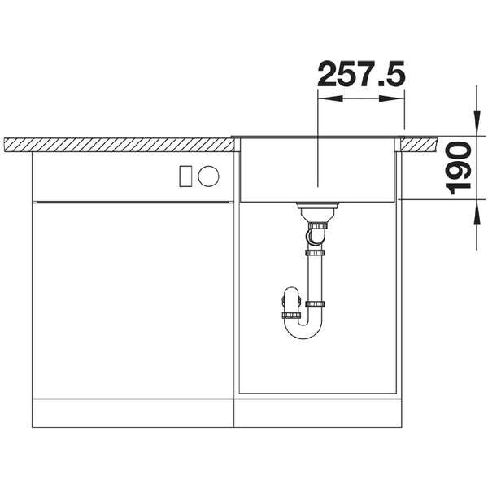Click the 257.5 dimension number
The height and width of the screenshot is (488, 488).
coord(361,74)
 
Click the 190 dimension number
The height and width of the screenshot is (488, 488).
coord(458,168)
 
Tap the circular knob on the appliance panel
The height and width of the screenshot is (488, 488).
coord(208,176)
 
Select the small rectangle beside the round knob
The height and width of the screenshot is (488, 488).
coord(185,176)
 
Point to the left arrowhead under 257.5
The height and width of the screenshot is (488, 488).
coord(330,99)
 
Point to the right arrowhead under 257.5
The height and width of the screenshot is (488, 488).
coord(391,99)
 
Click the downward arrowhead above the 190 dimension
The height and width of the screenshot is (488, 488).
coord(476,124)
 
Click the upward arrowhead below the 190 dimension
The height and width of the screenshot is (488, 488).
coord(476,211)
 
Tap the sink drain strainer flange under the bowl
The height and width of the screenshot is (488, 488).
coord(317,206)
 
